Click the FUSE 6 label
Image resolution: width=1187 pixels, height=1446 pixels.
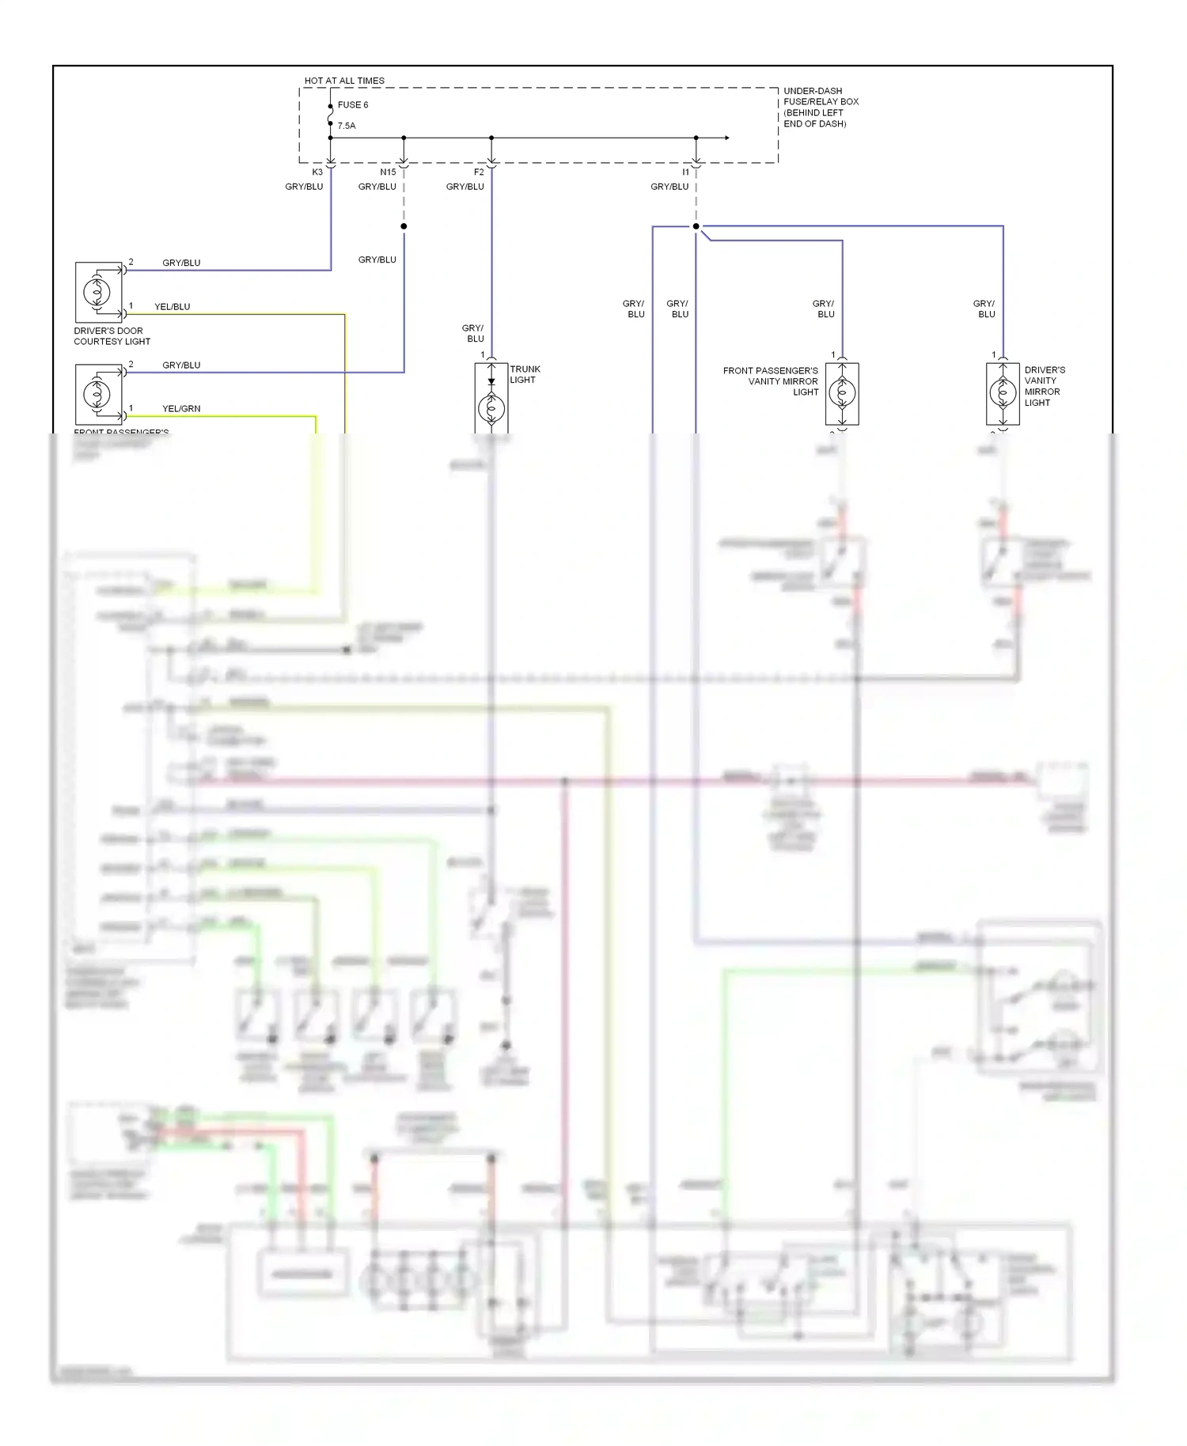352,105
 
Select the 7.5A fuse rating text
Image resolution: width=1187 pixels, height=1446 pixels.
347,126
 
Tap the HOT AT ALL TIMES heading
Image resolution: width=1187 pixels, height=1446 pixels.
344,81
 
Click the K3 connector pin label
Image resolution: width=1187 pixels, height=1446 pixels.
317,172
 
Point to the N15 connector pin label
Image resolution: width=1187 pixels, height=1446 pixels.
388,172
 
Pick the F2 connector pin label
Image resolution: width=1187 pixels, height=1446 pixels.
479,172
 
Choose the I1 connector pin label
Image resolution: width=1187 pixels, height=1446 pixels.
686,172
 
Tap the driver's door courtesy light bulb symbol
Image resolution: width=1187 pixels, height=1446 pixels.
97,292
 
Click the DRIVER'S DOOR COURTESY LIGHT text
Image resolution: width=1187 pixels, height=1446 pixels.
112,336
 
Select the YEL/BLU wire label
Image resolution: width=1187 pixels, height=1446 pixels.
172,307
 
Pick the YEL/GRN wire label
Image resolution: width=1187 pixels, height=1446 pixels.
181,409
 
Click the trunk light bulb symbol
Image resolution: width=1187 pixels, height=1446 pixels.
491,408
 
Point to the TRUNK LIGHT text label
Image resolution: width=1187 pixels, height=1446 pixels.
525,374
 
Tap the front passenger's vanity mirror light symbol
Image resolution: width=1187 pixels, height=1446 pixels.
842,392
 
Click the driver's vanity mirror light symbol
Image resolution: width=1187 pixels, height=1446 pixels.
1003,392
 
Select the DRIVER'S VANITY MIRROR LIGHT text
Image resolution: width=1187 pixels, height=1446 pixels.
1044,386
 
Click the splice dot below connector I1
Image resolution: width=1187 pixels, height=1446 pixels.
696,226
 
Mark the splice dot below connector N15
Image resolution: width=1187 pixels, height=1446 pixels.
404,226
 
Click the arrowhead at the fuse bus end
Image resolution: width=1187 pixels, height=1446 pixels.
726,138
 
